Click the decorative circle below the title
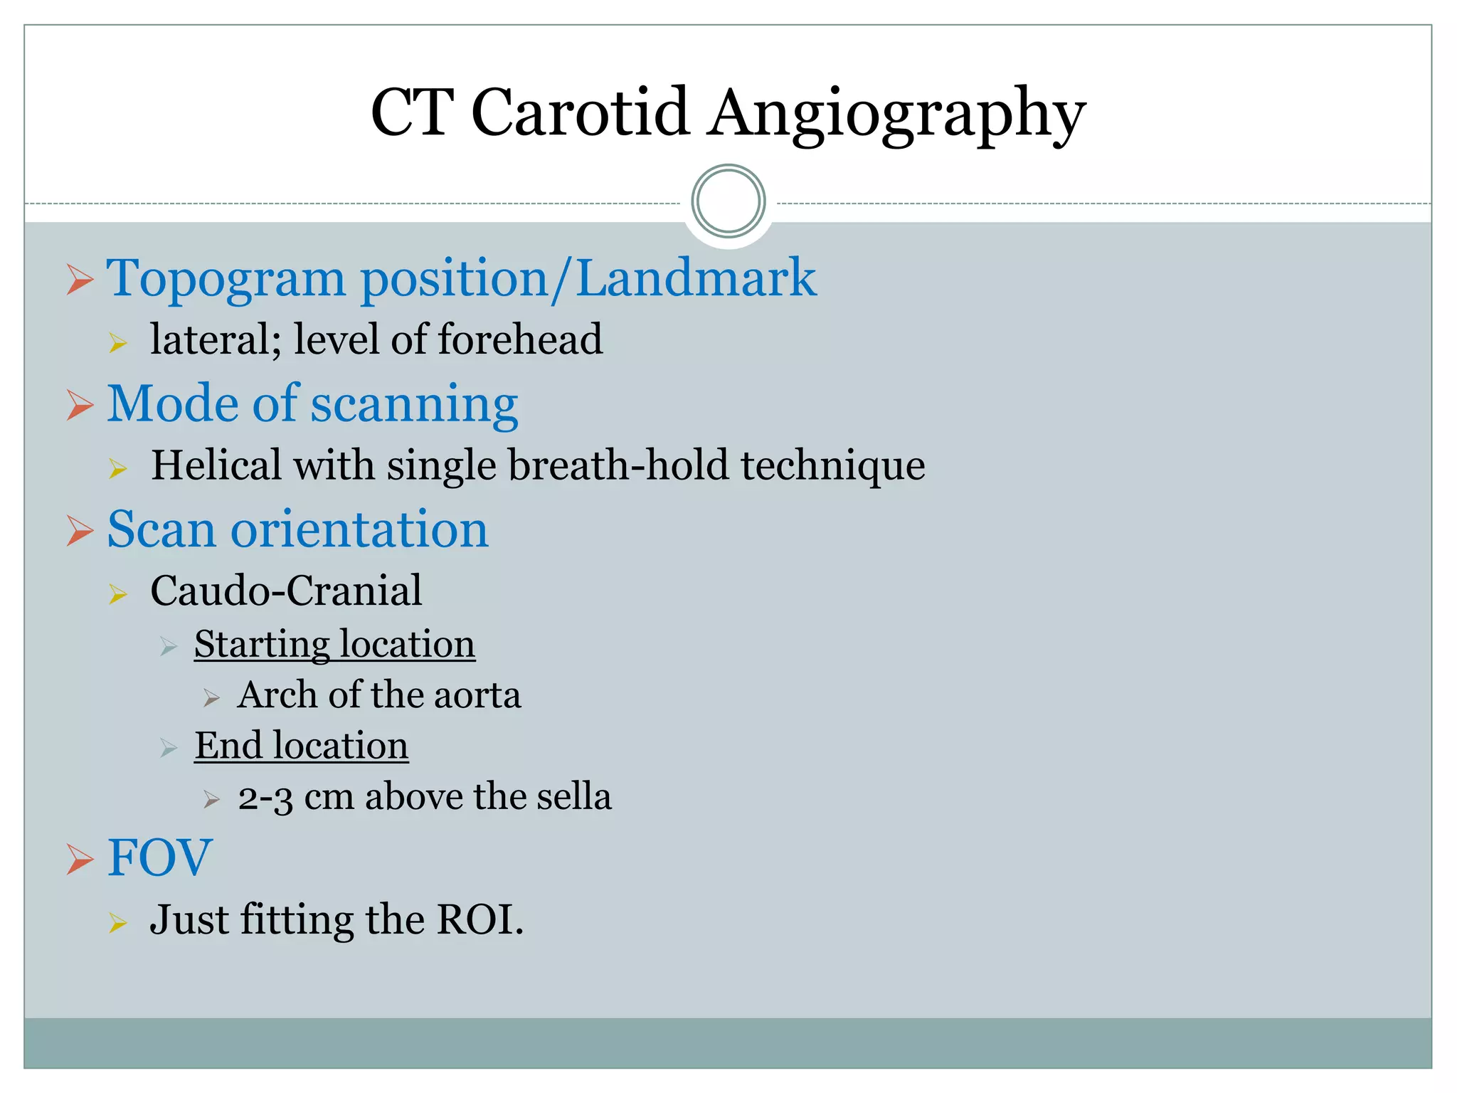click(728, 201)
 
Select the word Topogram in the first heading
click(226, 279)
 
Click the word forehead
click(520, 339)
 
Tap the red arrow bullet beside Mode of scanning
click(80, 404)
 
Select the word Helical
click(216, 465)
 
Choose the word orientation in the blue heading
click(359, 529)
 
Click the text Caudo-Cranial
click(286, 591)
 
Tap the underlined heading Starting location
click(334, 645)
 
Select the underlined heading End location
click(301, 746)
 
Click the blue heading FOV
click(159, 857)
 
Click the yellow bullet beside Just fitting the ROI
click(118, 923)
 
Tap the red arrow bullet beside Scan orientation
click(80, 530)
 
